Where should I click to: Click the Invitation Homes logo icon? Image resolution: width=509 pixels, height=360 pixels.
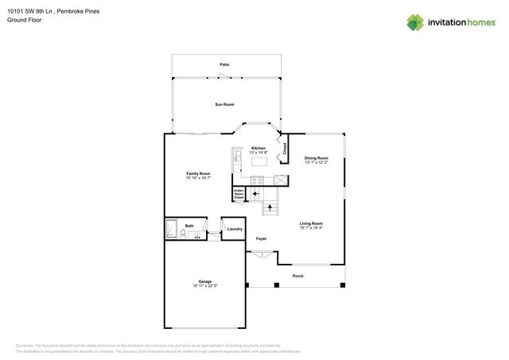tap(416, 22)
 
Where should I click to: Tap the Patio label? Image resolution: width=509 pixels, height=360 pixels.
tap(225, 64)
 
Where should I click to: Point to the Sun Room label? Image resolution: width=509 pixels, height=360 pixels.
tap(225, 104)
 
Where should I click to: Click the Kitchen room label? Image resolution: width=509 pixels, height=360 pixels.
tap(258, 149)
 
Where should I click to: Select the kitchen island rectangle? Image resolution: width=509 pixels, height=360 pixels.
tap(259, 161)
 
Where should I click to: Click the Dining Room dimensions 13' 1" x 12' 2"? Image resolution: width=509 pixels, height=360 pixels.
tap(317, 163)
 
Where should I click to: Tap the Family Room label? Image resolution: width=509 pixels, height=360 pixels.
tap(198, 173)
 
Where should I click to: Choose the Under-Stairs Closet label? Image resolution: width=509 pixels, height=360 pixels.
tap(239, 193)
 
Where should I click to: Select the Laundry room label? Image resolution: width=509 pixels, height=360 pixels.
tap(234, 229)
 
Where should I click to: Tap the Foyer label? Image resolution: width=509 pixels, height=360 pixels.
tap(260, 238)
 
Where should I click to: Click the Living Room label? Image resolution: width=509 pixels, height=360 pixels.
tap(311, 223)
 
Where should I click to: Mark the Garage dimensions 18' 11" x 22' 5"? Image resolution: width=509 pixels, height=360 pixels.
tap(205, 286)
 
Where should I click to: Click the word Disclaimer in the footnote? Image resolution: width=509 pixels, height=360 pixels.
tap(25, 346)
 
